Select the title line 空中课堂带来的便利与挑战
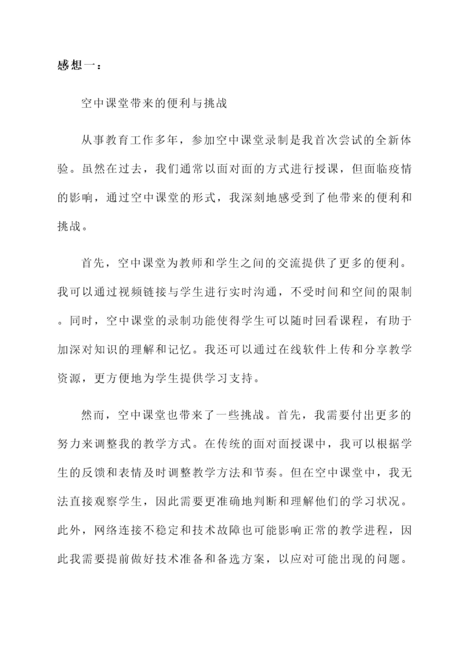[154, 103]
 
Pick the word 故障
[228, 530]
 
